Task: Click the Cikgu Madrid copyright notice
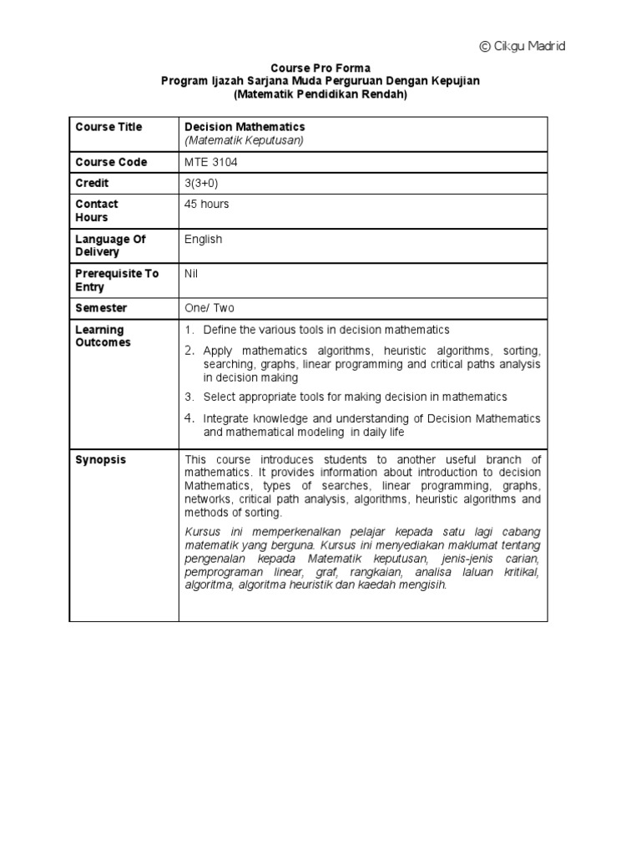(x=522, y=47)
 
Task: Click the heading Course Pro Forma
(x=320, y=68)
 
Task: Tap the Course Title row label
(x=109, y=127)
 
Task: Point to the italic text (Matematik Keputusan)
(x=244, y=140)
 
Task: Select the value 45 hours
(x=206, y=204)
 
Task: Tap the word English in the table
(x=203, y=239)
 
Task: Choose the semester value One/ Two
(x=209, y=308)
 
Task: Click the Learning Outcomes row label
(x=103, y=336)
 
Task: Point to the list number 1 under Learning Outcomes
(x=189, y=331)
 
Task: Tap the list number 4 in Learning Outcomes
(x=189, y=417)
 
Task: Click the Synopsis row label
(x=101, y=460)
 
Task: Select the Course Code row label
(x=111, y=162)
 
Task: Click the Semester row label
(x=101, y=308)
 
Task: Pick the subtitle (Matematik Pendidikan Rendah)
(x=320, y=94)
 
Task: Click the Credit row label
(x=92, y=183)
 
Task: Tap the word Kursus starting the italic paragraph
(x=201, y=533)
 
